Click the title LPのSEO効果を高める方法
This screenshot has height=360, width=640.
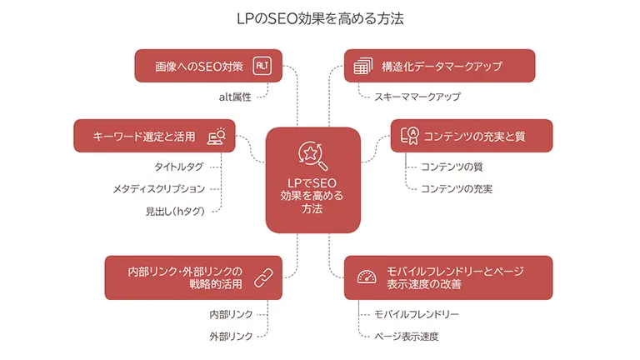(x=320, y=17)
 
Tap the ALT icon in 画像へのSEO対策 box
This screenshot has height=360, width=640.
(x=262, y=66)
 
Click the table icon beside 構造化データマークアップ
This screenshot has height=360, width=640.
(x=362, y=66)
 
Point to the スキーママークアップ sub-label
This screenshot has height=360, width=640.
(x=417, y=97)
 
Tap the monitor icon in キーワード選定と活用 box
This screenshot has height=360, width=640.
(x=217, y=135)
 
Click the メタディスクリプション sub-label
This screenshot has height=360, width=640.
(x=158, y=189)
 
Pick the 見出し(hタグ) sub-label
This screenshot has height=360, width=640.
(x=174, y=211)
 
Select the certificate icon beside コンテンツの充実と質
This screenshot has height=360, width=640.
(x=409, y=135)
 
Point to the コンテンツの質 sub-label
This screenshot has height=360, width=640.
(x=451, y=167)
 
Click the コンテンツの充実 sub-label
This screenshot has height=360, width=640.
(x=456, y=189)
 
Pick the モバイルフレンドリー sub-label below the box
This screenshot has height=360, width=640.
(x=417, y=314)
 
